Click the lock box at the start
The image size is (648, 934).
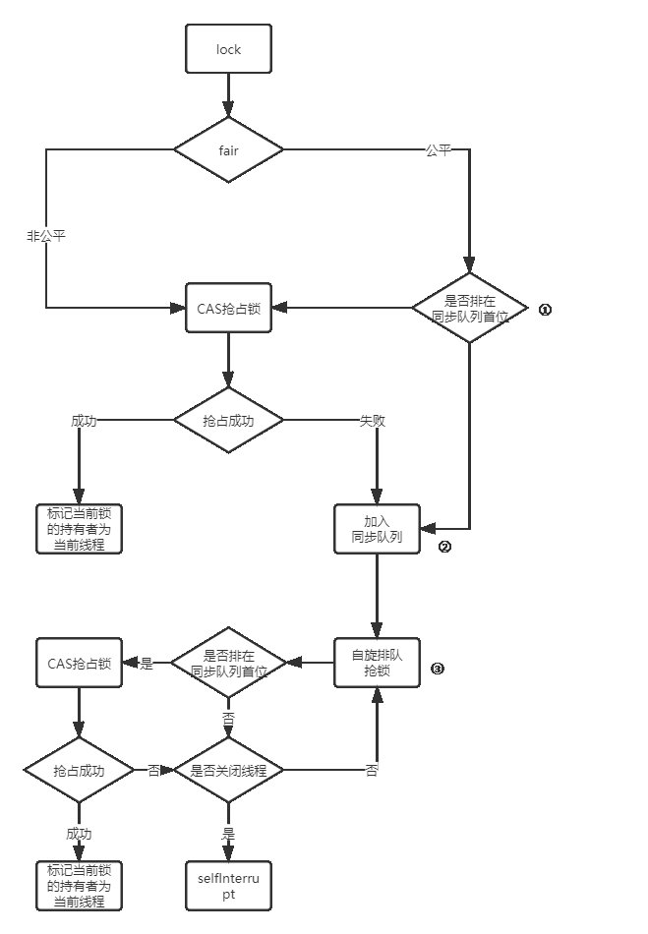228,48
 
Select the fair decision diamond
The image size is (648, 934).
228,149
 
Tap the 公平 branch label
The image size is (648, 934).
439,150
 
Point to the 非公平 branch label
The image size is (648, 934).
45,236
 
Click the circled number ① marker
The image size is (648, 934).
545,309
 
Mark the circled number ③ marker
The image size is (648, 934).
438,670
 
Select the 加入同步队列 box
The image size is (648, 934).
378,529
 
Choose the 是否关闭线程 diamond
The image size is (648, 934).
228,771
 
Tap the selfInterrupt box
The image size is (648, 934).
228,886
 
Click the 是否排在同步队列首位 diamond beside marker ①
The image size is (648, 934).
470,309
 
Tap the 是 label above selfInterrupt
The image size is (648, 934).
228,833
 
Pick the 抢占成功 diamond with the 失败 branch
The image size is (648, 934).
228,420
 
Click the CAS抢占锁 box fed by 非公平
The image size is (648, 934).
228,309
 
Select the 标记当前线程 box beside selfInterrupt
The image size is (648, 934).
79,886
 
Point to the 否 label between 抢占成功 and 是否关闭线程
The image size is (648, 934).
153,771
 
